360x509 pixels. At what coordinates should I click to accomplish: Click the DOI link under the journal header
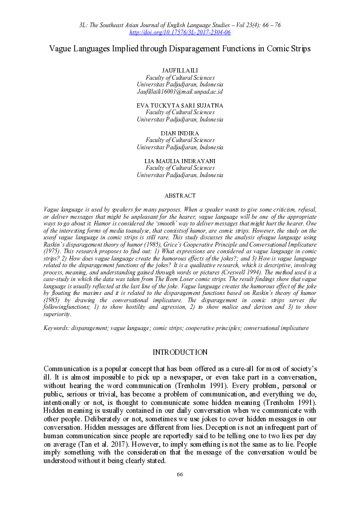[x=180, y=31]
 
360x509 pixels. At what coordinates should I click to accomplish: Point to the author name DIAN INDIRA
[x=180, y=132]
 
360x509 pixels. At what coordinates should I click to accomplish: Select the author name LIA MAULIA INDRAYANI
[x=180, y=160]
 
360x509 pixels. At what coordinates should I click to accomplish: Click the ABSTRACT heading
[x=180, y=195]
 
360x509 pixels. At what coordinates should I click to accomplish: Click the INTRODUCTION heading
[x=180, y=352]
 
